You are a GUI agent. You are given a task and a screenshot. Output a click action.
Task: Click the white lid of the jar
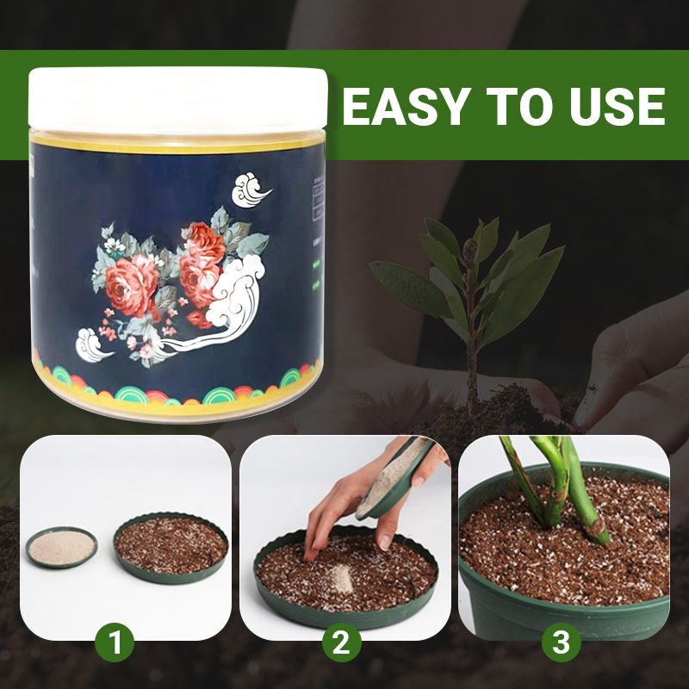[178, 99]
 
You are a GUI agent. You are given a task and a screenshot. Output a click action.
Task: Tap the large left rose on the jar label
[132, 284]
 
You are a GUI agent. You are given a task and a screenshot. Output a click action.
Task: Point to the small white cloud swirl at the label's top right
[251, 189]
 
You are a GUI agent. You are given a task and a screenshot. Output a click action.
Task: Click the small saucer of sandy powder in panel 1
[60, 546]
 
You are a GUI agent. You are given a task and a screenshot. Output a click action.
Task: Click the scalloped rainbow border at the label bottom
[177, 394]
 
